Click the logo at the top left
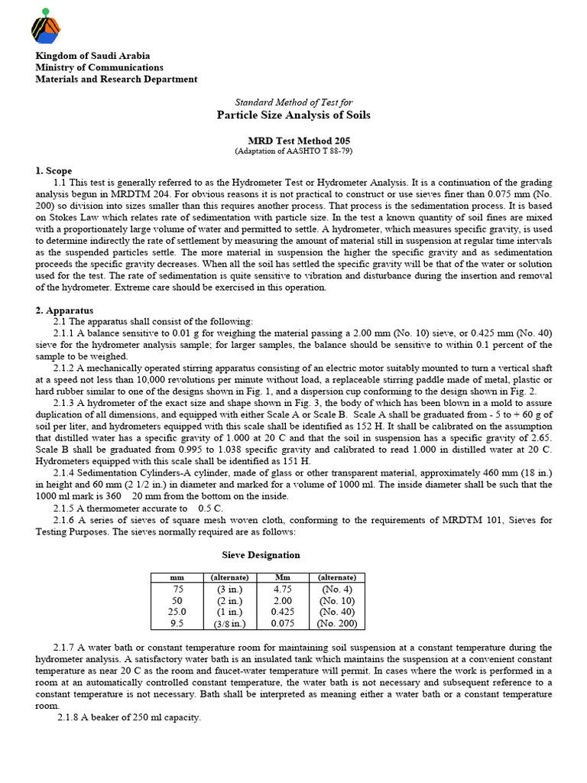(46, 26)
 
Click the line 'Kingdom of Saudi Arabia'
(93, 56)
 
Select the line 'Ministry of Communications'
(99, 67)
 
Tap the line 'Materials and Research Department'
(116, 79)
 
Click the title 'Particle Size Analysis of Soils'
(293, 115)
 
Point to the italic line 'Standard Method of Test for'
(293, 102)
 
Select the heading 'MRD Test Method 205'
(293, 141)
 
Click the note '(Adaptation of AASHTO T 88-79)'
(293, 151)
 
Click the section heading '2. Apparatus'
(64, 310)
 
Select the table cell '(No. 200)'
(337, 623)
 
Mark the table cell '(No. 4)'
(337, 590)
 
